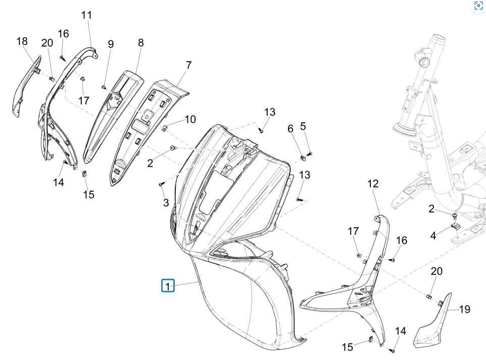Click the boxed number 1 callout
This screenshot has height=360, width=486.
[x=168, y=286]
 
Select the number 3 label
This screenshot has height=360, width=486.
[x=166, y=203]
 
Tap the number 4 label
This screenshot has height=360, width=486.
[x=433, y=235]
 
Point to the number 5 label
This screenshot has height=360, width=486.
[x=303, y=126]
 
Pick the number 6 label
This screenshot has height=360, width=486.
[x=290, y=129]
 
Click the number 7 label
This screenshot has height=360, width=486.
[x=188, y=65]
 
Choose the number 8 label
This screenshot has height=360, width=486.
[x=141, y=43]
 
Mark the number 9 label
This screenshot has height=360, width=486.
[x=111, y=44]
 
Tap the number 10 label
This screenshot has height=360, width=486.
[x=190, y=120]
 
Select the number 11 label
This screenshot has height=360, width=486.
[x=87, y=15]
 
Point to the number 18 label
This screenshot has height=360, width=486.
[x=22, y=41]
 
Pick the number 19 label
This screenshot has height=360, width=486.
[x=464, y=309]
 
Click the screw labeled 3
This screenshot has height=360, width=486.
[x=161, y=185]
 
